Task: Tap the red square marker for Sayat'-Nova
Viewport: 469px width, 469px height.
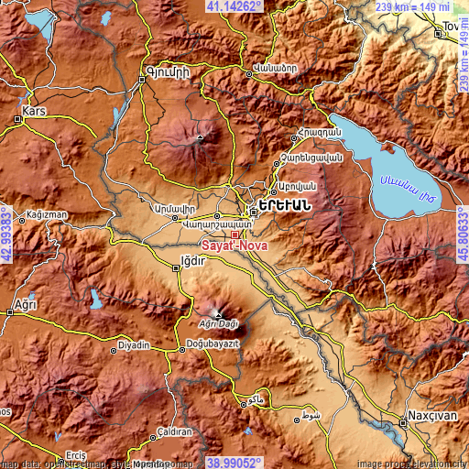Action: [234, 234]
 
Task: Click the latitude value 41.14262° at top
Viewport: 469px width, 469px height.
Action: [234, 6]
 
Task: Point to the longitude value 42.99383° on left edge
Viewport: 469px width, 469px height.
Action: [6, 234]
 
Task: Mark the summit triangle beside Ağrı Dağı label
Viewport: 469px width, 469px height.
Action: [217, 313]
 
